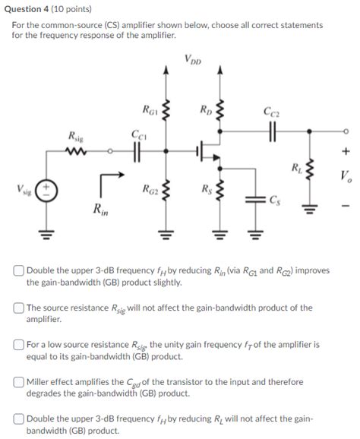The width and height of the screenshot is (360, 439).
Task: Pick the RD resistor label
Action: [x=205, y=112]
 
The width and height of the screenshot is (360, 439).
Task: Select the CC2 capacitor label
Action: [x=270, y=112]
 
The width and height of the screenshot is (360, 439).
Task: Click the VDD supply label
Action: [x=193, y=59]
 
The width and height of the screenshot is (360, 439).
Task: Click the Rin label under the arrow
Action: [x=99, y=209]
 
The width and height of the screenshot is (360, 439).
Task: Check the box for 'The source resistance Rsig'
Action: [x=17, y=308]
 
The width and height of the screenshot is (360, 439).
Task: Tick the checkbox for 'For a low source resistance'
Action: [x=17, y=344]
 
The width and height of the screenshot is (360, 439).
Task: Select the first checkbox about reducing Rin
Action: [x=17, y=271]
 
